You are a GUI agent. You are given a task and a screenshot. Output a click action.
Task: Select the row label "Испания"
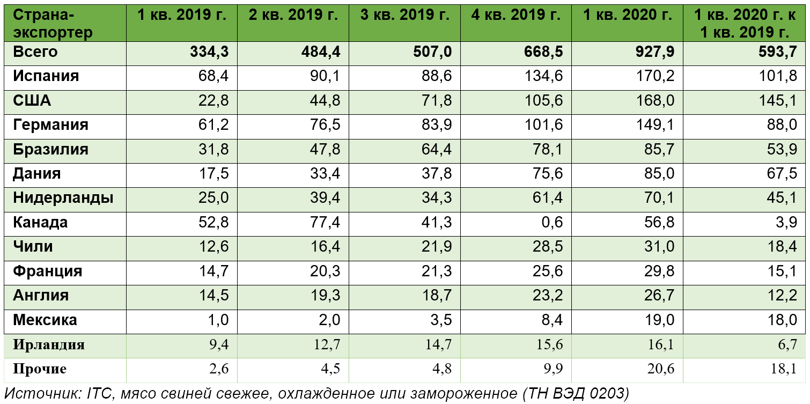tap(46, 76)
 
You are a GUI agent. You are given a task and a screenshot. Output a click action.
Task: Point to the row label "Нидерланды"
tap(63, 198)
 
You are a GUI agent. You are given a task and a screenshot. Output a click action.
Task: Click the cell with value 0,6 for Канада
tap(552, 222)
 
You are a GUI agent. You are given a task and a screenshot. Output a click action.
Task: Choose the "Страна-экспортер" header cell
tap(53, 24)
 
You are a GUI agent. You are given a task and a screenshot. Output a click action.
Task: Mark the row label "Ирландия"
tap(49, 344)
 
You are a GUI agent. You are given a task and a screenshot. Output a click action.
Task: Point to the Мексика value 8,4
tap(552, 320)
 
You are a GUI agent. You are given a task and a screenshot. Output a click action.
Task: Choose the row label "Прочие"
tap(40, 369)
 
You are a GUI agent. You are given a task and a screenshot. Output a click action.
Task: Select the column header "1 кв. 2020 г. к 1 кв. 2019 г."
tap(745, 24)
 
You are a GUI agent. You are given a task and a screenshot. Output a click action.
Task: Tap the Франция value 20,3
tap(326, 271)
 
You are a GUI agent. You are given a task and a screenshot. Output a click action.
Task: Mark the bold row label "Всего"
tap(35, 52)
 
